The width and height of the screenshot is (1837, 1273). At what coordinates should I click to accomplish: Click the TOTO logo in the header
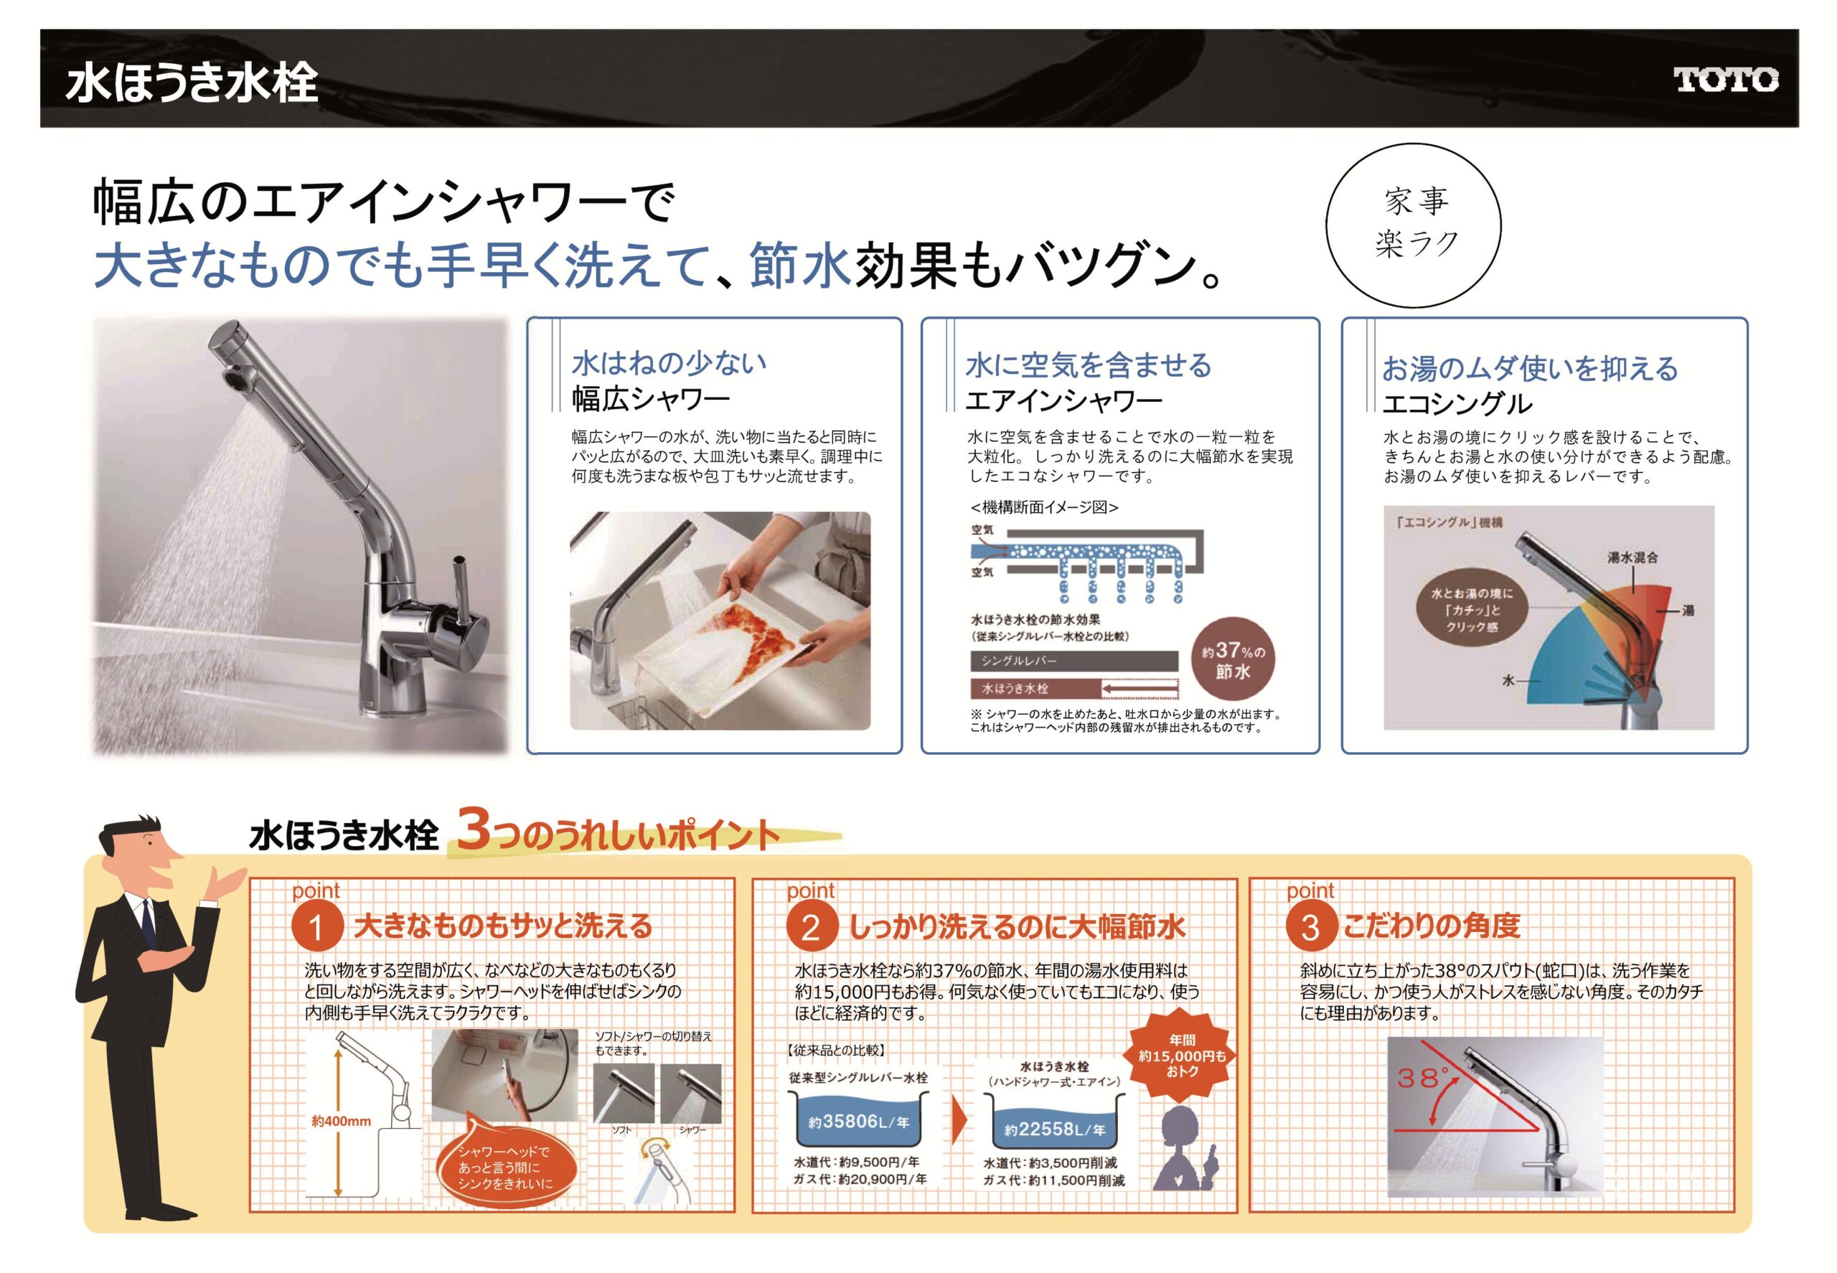coord(1725,80)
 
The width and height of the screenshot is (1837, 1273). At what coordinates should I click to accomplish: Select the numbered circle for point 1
coord(316,928)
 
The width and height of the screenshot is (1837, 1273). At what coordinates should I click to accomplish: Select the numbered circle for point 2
coord(811,928)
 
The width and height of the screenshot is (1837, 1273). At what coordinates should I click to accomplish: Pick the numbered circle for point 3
coord(1310,928)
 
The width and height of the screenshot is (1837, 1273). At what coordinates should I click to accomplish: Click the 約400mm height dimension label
coord(342,1122)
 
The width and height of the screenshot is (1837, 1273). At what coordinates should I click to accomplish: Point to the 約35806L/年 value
coord(858,1122)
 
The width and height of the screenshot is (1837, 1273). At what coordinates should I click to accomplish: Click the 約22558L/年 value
coord(1055,1129)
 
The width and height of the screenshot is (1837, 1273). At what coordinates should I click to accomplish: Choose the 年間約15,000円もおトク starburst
coord(1182,1056)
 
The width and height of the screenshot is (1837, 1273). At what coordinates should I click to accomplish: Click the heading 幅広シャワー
coord(651,399)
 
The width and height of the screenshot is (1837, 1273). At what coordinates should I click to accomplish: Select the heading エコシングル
coord(1457,403)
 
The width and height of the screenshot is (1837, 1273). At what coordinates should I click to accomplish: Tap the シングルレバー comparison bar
coord(1073,660)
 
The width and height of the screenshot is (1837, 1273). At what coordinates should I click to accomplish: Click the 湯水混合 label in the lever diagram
coord(1632,558)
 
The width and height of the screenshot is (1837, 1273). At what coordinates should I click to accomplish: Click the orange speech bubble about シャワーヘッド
coord(504,1164)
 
